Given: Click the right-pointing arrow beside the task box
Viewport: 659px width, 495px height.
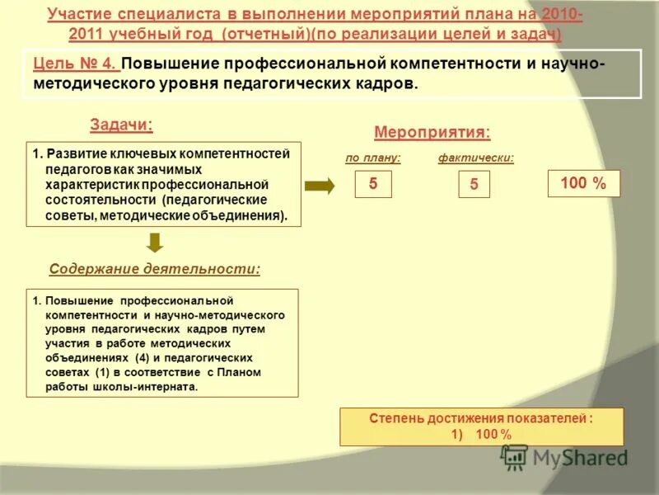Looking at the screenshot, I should [x=320, y=186].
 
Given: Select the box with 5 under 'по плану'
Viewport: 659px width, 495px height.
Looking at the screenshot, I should [x=373, y=184].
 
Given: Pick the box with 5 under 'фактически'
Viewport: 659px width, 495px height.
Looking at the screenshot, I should [x=474, y=185].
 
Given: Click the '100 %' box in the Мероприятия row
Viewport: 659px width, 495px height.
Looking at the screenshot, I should [x=583, y=184].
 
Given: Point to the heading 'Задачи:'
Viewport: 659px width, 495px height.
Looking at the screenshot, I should [x=121, y=125].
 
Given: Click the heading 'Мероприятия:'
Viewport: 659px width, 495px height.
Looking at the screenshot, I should [x=432, y=132].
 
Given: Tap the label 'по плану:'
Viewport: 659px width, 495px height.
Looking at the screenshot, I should [x=373, y=158].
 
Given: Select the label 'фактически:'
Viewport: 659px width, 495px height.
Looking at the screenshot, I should [x=476, y=158].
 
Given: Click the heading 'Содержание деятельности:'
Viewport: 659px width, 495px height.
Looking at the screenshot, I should [x=155, y=269].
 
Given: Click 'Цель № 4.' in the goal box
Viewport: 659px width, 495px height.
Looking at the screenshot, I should [x=76, y=64].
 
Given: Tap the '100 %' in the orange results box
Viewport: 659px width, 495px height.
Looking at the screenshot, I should [x=493, y=434].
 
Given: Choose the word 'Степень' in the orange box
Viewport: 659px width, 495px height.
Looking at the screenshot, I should [x=390, y=419].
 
